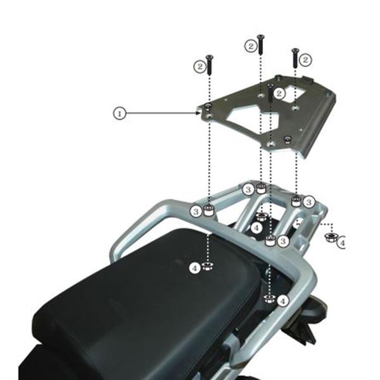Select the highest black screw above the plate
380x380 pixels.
click(x=260, y=44)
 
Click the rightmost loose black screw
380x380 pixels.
click(x=294, y=58)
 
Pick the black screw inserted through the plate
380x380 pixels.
click(x=270, y=92)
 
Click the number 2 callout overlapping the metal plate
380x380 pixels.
click(x=279, y=93)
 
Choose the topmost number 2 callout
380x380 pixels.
click(x=251, y=46)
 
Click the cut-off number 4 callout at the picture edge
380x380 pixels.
click(x=343, y=242)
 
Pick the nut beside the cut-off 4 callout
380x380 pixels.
click(x=330, y=237)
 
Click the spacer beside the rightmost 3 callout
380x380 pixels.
click(x=295, y=201)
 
